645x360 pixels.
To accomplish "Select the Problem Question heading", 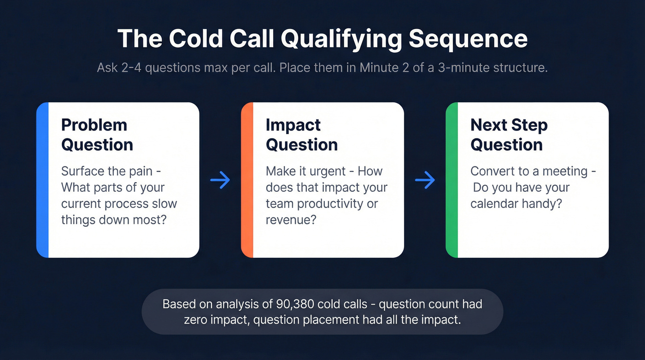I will click(97, 135).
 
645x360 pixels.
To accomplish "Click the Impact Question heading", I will click(302, 135).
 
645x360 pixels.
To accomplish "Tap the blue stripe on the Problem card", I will click(42, 180).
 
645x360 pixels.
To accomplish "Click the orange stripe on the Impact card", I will click(247, 180).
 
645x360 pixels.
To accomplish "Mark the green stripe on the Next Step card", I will click(451, 180).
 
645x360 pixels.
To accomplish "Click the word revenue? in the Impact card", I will click(291, 219).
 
